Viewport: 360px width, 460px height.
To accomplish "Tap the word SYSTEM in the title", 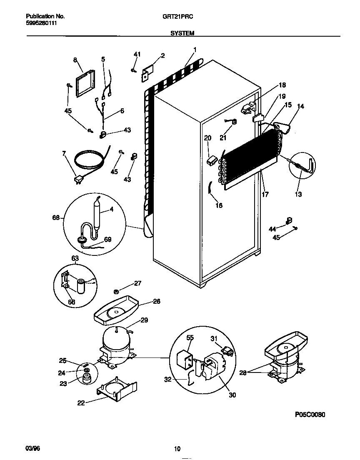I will coord(182,33).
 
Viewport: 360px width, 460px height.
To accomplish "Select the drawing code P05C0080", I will coord(310,415).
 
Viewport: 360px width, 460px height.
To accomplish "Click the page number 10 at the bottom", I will coord(177,449).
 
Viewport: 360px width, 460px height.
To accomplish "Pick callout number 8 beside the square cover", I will coord(75,60).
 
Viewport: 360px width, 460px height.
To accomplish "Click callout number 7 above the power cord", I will coord(64,153).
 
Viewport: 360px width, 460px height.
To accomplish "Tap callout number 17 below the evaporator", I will coord(265,194).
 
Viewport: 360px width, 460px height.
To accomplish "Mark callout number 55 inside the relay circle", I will coord(190,338).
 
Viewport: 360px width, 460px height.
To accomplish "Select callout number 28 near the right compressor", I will coord(243,373).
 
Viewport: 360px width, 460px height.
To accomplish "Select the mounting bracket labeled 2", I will coord(148,71).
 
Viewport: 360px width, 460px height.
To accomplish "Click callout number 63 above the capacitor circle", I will coord(75,258).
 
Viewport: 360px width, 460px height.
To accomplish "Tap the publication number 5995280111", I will coord(41,23).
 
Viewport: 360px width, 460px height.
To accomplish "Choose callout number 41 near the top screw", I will coord(137,55).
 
